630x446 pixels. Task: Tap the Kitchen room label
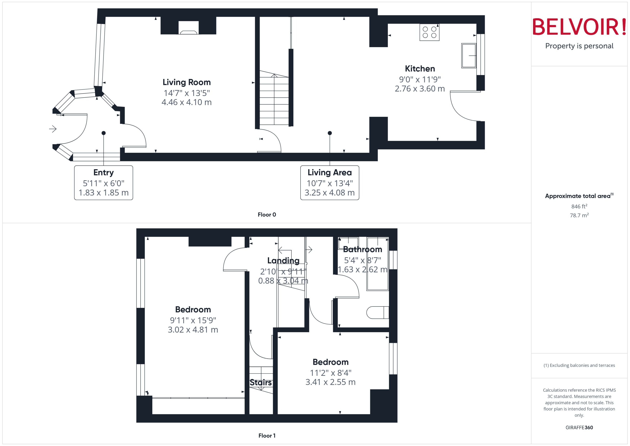[x=420, y=69]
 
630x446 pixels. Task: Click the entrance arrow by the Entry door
[x=53, y=129]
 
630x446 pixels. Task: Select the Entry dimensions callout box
[x=103, y=183]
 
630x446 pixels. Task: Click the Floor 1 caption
[x=267, y=436]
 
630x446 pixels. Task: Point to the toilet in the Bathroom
[x=377, y=313]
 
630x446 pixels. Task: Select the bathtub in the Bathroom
[x=378, y=264]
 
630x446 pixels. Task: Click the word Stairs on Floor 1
[x=260, y=383]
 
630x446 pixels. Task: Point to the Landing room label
[x=283, y=261]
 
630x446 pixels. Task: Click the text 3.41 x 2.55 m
[x=330, y=382]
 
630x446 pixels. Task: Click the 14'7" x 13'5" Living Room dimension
[x=187, y=93]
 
